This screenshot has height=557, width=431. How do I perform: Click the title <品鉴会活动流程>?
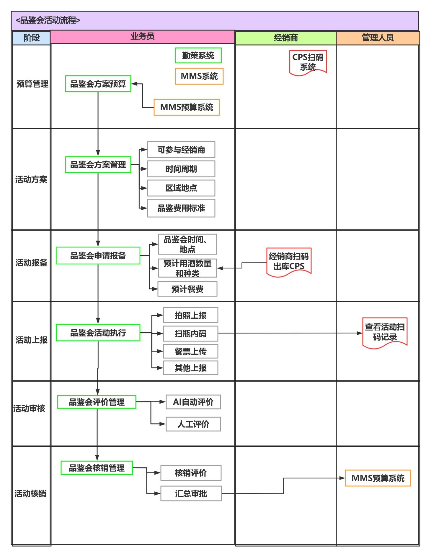[48, 20]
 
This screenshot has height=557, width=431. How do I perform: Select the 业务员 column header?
[142, 37]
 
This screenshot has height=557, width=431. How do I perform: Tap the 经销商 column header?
[285, 38]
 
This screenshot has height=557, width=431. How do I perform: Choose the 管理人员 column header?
[378, 38]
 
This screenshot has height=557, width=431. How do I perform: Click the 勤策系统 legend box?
[198, 56]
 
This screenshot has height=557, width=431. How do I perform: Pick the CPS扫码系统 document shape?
[308, 61]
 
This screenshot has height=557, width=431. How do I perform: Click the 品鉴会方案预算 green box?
[98, 84]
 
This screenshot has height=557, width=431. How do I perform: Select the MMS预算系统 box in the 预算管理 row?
[187, 107]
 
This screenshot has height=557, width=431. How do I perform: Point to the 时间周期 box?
[181, 169]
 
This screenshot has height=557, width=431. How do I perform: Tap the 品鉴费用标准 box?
[181, 208]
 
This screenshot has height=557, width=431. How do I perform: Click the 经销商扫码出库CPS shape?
[289, 261]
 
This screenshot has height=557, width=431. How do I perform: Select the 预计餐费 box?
[187, 289]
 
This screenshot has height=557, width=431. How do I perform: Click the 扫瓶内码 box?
[190, 333]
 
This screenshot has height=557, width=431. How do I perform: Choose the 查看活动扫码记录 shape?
[385, 332]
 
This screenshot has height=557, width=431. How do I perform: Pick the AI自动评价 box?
[193, 402]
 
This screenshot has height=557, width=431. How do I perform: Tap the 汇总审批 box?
[191, 493]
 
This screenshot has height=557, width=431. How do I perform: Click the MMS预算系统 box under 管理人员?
[378, 478]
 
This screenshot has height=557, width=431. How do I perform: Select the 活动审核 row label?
[29, 409]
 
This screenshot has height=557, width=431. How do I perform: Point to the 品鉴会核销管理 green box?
[97, 468]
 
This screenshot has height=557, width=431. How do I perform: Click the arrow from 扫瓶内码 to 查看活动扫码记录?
[289, 333]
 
